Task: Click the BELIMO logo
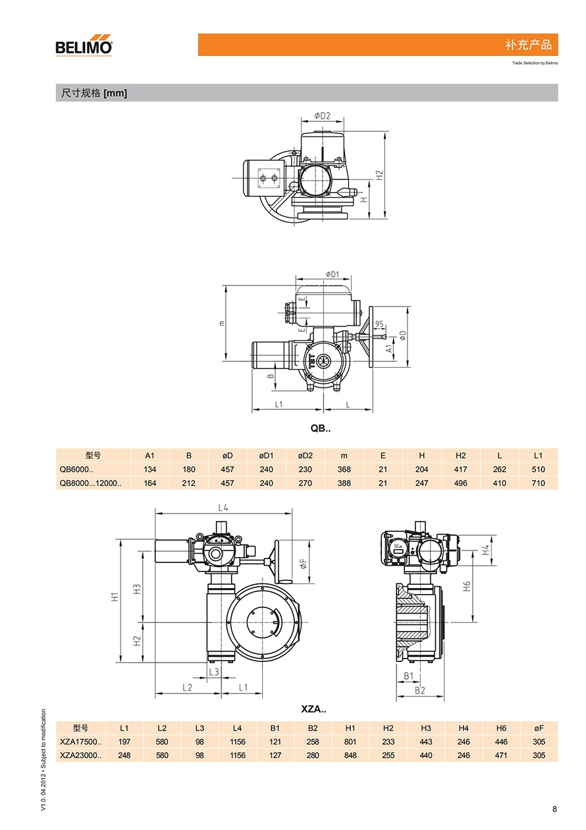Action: (x=84, y=45)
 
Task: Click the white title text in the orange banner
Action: (x=528, y=45)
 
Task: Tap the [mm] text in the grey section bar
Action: (x=115, y=93)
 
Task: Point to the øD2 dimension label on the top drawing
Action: (x=322, y=115)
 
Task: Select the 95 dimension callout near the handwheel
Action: (x=379, y=324)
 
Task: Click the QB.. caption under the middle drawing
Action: (x=321, y=429)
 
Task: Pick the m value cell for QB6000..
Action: (x=344, y=469)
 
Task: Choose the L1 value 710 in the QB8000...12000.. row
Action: (x=538, y=483)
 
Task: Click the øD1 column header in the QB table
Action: (x=266, y=456)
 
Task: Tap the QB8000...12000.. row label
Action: (x=90, y=483)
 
